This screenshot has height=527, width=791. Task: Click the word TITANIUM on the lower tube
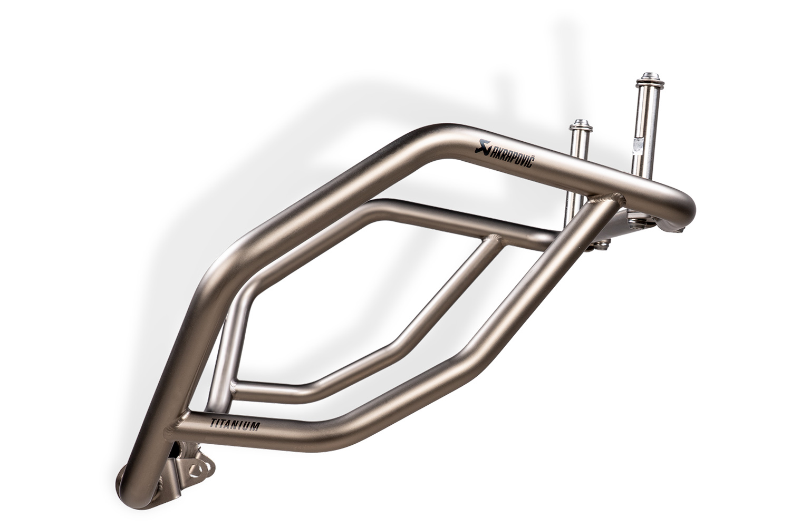tap(234, 424)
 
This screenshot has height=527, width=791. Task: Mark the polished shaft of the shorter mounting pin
tap(577, 158)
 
